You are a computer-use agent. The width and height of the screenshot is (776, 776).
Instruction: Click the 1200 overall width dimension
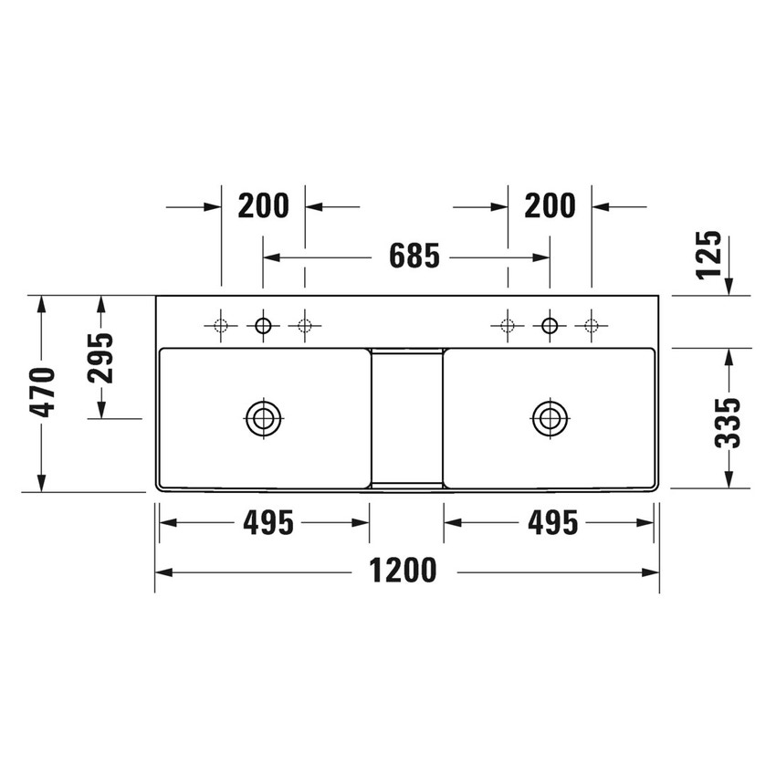point(403,572)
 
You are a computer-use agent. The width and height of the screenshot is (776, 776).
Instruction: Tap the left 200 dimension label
point(263,206)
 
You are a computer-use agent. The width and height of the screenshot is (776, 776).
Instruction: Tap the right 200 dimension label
point(550,206)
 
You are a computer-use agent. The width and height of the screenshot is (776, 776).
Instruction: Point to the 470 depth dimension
point(42,393)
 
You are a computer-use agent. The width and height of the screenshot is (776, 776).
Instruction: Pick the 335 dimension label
point(728,422)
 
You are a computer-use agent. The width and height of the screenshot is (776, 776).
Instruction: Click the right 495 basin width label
point(551,523)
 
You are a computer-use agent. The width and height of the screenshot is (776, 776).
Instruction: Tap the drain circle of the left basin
point(264,417)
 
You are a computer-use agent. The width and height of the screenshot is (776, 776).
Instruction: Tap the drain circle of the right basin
point(550,417)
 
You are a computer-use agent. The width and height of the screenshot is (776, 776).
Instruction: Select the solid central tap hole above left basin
point(264,324)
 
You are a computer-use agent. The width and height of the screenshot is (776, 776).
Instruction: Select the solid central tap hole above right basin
point(550,324)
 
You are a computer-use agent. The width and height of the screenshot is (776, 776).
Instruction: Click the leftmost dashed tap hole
point(221,324)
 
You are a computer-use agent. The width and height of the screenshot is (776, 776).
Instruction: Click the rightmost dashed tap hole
point(592,324)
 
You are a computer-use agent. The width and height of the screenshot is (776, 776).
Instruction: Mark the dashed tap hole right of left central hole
point(305,324)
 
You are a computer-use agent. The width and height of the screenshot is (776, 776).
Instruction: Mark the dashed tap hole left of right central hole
point(508,324)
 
